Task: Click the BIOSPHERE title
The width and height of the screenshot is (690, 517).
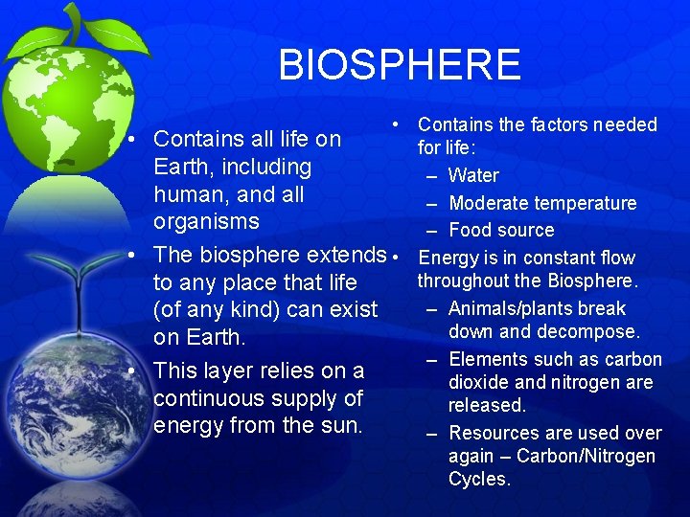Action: click(400, 65)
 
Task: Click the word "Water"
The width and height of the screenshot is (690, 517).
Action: click(473, 175)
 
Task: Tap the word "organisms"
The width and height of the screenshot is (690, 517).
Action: click(206, 221)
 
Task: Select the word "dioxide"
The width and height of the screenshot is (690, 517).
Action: click(482, 382)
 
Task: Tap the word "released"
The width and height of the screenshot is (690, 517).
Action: click(487, 405)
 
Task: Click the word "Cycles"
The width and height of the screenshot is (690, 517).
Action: click(478, 479)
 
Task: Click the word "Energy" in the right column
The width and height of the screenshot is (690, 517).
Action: click(452, 258)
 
